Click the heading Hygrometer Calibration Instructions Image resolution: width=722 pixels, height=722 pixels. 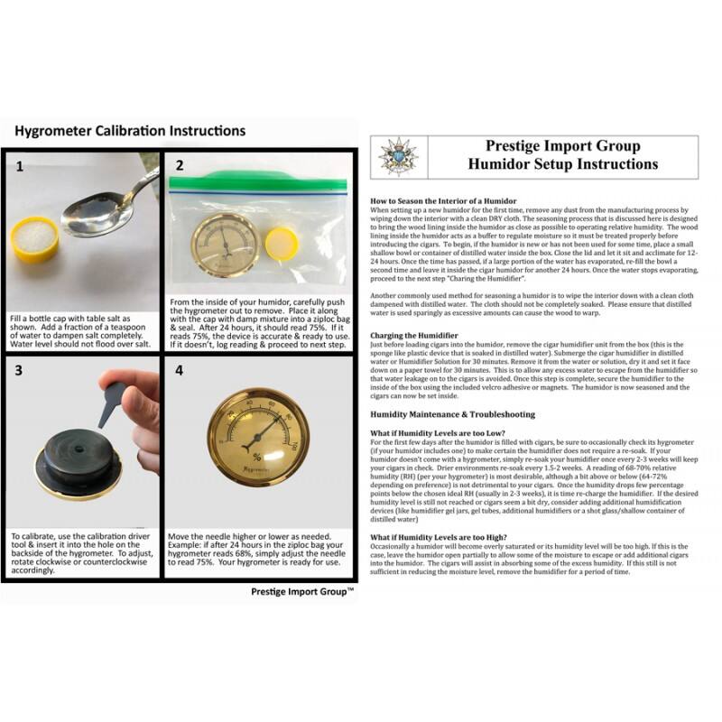[130, 131]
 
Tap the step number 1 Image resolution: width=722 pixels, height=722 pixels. [20, 167]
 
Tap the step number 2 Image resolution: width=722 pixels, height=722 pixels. [180, 166]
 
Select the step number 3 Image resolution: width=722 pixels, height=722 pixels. [20, 370]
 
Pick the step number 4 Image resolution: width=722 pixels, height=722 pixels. [180, 370]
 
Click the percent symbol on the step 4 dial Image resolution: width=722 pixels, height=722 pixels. [258, 456]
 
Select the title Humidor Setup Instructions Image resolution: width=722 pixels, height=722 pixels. [562, 164]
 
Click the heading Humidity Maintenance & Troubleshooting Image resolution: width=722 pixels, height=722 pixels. [453, 414]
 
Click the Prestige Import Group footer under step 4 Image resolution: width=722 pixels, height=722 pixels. [301, 592]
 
